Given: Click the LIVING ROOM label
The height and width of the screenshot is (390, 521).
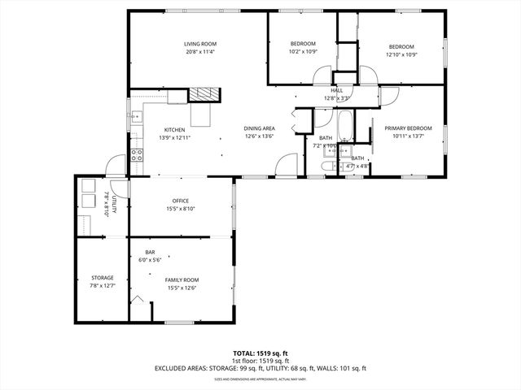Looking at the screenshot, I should (x=199, y=44).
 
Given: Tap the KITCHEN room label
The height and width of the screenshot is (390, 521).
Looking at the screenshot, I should (x=174, y=130).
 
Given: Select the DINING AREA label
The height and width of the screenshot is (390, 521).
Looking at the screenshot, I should (x=259, y=128).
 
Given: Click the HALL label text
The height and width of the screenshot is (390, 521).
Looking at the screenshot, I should (x=336, y=91).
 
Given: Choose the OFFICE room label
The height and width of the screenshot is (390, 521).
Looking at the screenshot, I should (x=180, y=201).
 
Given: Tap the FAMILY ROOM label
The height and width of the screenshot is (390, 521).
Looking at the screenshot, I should (x=182, y=279).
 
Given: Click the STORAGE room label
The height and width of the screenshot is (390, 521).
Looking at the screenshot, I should (x=102, y=278).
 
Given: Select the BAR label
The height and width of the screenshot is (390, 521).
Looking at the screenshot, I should (x=151, y=252).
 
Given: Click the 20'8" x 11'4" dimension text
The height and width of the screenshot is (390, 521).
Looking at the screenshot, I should (x=199, y=52).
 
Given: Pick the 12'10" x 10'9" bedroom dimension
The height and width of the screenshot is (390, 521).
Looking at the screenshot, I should (x=401, y=55).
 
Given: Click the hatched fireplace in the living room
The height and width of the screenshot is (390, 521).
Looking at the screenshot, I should (x=205, y=93).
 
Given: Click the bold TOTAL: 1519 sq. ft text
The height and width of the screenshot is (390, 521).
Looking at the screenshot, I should (x=260, y=353).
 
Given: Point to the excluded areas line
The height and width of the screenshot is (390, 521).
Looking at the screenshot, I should (x=260, y=368).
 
